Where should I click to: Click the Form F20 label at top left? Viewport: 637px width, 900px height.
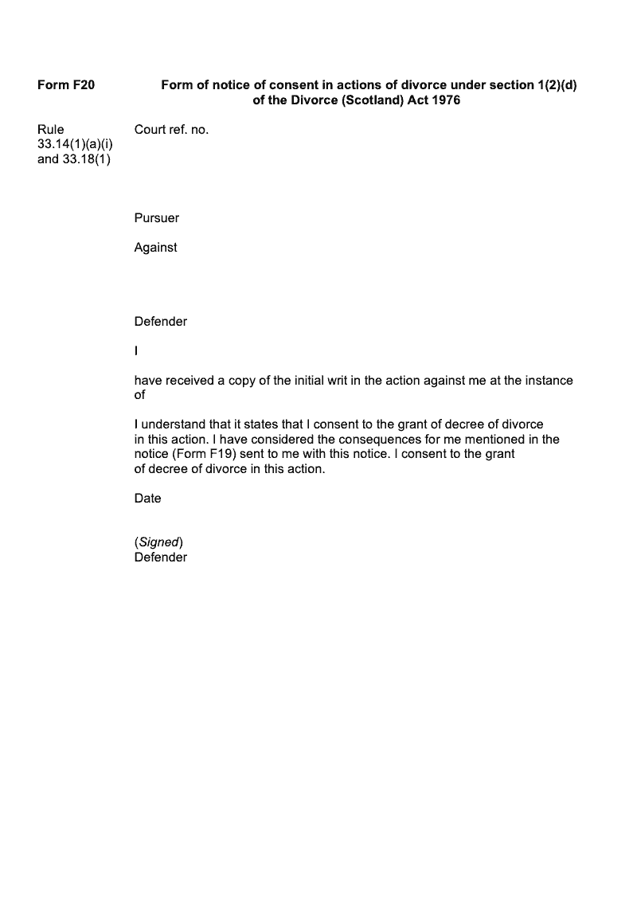pyautogui.click(x=66, y=84)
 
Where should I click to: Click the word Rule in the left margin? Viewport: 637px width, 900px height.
pyautogui.click(x=51, y=129)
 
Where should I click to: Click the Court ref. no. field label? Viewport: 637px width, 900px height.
pyautogui.click(x=171, y=129)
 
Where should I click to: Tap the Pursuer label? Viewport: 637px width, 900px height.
pyautogui.click(x=156, y=218)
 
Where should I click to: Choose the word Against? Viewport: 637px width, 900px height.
pyautogui.click(x=155, y=248)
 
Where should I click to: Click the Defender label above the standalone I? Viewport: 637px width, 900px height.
pyautogui.click(x=160, y=322)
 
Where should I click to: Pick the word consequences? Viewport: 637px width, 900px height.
pyautogui.click(x=387, y=440)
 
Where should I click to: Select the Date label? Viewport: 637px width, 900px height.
pyautogui.click(x=147, y=499)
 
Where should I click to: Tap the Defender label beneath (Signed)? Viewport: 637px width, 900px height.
pyautogui.click(x=160, y=558)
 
